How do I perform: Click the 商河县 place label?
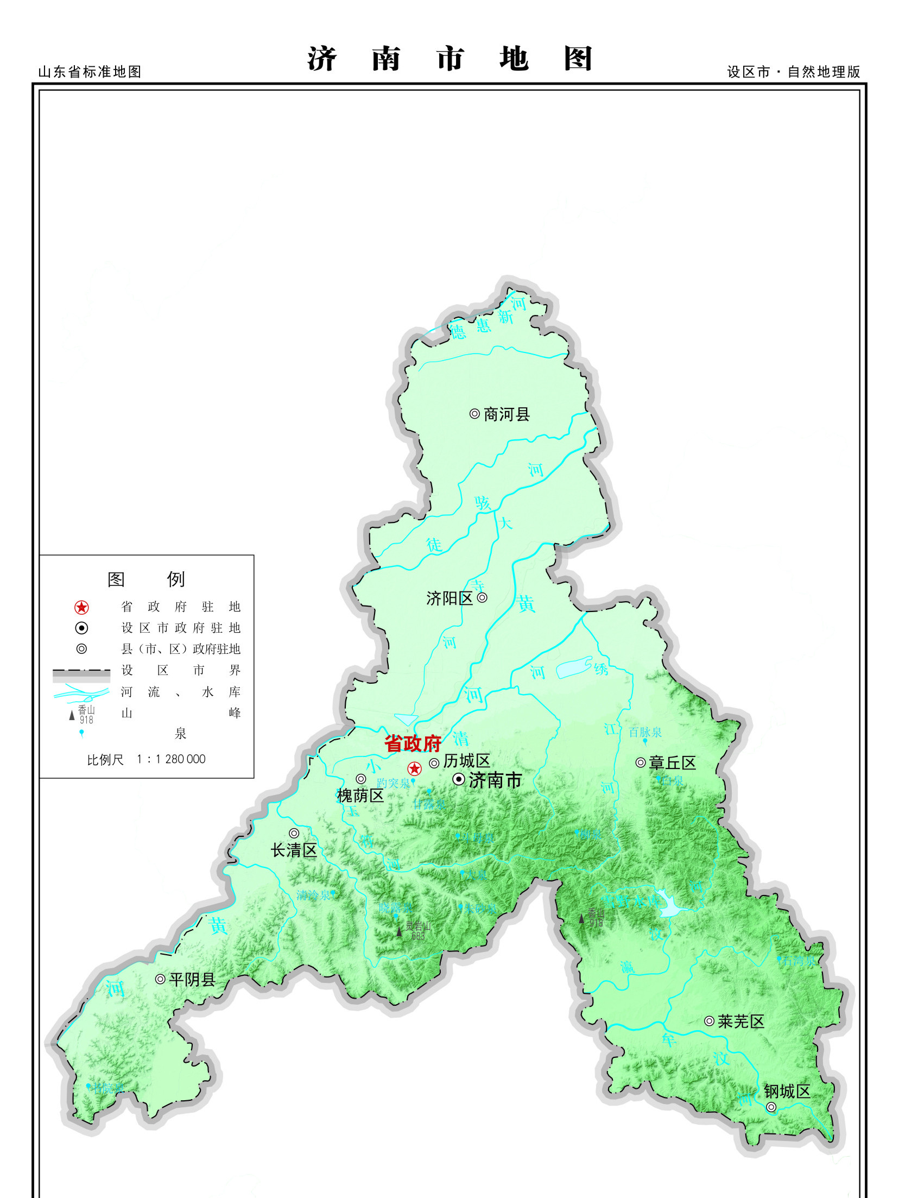point(507,414)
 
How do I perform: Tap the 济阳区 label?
point(449,598)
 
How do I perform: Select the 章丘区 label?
point(673,763)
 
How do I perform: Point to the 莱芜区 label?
point(741,1022)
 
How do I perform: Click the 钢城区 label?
point(787,1091)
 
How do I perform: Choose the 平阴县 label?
point(192,980)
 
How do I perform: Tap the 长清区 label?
point(294,850)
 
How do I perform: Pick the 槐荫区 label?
point(360,796)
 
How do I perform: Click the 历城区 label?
point(467,761)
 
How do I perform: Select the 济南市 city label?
point(495,780)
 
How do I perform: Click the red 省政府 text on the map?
point(413,743)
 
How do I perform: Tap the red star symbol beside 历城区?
point(415,768)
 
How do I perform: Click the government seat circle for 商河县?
point(474,414)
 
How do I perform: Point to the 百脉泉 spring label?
point(645,732)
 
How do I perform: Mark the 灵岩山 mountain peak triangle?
point(400,931)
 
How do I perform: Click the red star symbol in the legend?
point(81,607)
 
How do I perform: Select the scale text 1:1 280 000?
point(171,759)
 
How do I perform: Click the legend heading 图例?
point(146,579)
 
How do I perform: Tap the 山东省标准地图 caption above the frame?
point(90,72)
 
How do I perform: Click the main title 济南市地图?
point(449,59)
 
